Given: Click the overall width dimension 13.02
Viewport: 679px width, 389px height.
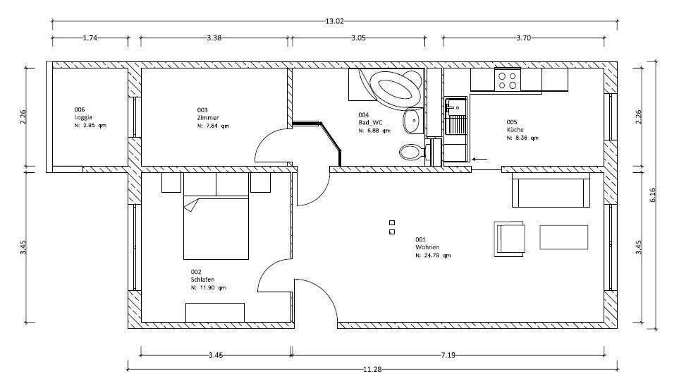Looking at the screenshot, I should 334,21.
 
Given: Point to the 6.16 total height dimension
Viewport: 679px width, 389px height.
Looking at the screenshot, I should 654,199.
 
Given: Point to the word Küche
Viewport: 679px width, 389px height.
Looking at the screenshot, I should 515,130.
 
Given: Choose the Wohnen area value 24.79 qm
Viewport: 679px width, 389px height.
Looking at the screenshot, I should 433,256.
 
